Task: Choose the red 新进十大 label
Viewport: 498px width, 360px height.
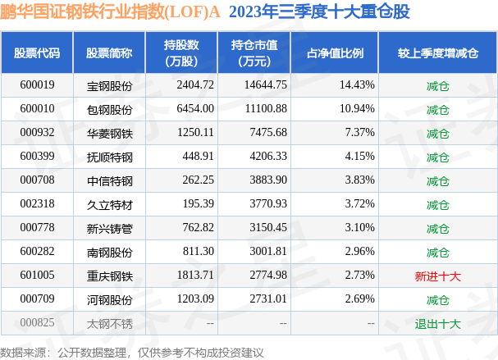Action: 437,276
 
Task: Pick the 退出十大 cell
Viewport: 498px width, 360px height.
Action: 437,323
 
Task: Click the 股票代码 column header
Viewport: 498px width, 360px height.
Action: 37,53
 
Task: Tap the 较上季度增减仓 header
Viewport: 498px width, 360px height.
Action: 437,53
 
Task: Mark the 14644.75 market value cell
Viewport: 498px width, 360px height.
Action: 265,85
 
